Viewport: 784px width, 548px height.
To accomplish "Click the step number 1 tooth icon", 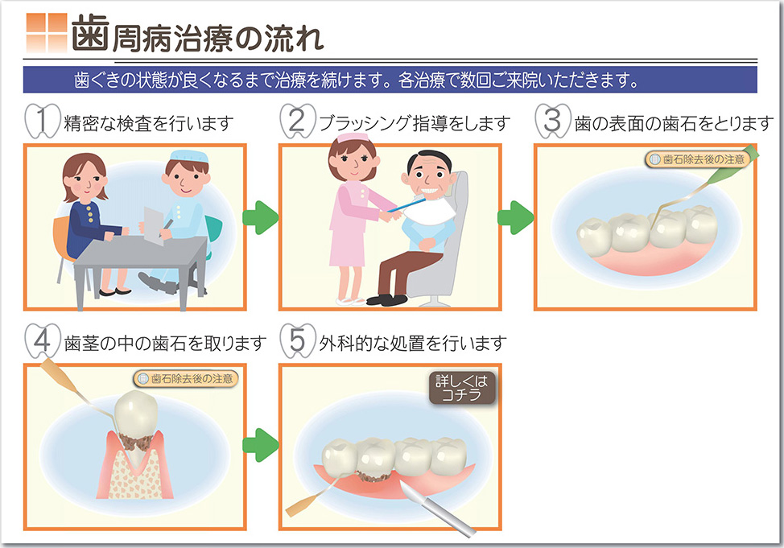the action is click(43, 121).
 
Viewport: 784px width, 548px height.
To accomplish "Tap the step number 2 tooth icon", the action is click(298, 121).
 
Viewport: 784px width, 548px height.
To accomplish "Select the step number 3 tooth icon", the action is click(552, 121).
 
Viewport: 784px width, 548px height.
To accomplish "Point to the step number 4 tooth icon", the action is click(43, 341).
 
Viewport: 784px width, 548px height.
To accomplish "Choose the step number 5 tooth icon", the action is click(298, 341).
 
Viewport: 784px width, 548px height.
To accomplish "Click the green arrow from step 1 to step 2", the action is click(261, 217).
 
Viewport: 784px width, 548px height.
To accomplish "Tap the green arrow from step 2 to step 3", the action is click(515, 217).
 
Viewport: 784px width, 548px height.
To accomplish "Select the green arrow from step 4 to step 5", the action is click(261, 445).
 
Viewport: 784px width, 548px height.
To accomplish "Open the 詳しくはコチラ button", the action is click(462, 388).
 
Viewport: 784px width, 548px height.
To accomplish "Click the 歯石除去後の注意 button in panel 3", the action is click(698, 159).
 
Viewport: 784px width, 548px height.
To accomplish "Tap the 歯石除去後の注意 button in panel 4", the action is click(186, 378).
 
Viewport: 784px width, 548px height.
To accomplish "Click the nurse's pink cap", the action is click(353, 137).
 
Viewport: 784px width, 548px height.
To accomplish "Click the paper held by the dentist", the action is click(154, 225).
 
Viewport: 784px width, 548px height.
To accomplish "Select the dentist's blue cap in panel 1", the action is click(189, 156).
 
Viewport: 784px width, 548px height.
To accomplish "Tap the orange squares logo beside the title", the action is click(47, 33).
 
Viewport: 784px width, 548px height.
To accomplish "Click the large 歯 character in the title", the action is click(90, 33).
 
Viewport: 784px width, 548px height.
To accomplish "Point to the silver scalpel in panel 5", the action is click(439, 511).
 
